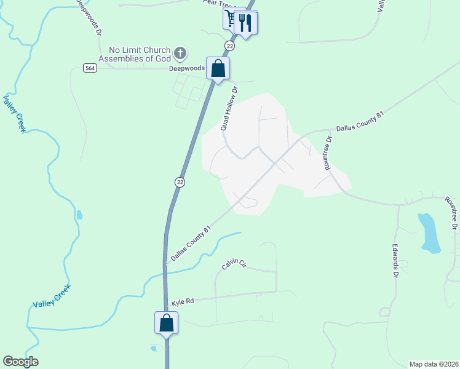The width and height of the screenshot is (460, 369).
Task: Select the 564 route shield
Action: pyautogui.click(x=90, y=68)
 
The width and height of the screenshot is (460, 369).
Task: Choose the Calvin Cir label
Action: pyautogui.click(x=234, y=265)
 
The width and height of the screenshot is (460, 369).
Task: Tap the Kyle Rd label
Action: pyautogui.click(x=183, y=301)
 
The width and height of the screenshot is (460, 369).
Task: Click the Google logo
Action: pyautogui.click(x=20, y=362)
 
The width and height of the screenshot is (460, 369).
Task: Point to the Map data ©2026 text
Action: pyautogui.click(x=434, y=363)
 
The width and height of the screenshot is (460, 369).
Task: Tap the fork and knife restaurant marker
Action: pyautogui.click(x=245, y=23)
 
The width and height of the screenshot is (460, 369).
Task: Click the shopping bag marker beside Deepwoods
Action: pyautogui.click(x=218, y=68)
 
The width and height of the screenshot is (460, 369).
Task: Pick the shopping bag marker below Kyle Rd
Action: pyautogui.click(x=166, y=322)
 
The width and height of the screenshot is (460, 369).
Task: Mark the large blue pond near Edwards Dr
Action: pyautogui.click(x=429, y=233)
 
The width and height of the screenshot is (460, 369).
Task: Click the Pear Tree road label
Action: pyautogui.click(x=219, y=4)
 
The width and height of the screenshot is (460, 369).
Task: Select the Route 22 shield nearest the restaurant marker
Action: pyautogui.click(x=229, y=46)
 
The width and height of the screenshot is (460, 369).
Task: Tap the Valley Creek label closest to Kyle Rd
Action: pyautogui.click(x=52, y=296)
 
